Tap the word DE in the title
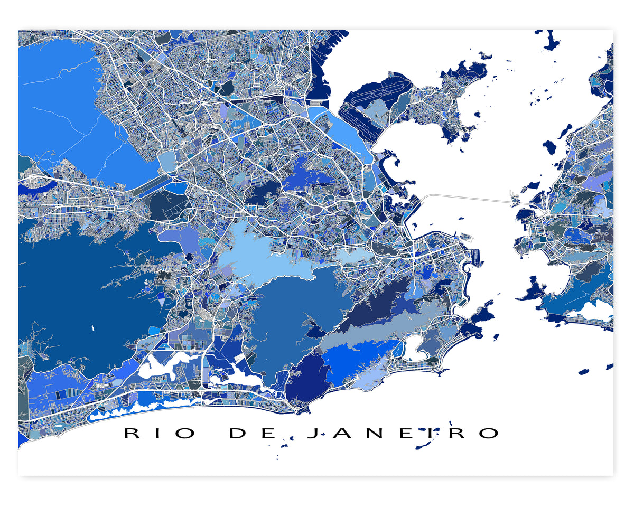pos(252,434)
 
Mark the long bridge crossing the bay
pos(470,198)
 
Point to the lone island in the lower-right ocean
pos(584,372)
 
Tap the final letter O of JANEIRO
pos(489,434)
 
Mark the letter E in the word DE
pos(267,434)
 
